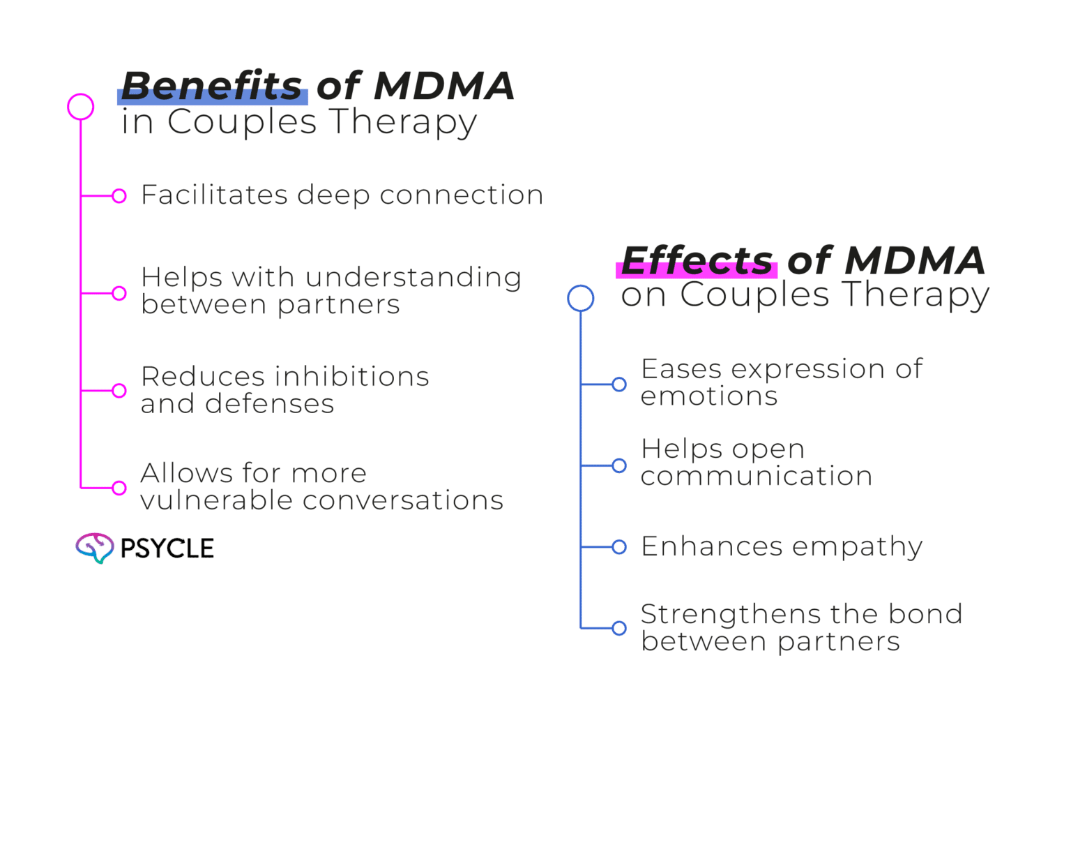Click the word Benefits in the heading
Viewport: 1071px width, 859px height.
click(212, 86)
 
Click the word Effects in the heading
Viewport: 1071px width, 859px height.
click(697, 260)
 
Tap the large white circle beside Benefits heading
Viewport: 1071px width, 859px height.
click(81, 107)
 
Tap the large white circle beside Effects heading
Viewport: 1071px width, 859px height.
click(580, 298)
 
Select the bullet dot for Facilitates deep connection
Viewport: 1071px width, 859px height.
click(119, 196)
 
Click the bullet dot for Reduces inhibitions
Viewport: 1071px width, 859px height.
click(119, 390)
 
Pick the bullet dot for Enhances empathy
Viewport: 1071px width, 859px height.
click(619, 547)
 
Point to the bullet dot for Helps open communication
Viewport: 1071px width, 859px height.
click(619, 465)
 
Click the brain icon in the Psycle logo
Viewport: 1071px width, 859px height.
click(94, 548)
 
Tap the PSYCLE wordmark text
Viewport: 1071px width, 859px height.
click(167, 548)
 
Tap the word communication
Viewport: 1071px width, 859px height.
click(756, 477)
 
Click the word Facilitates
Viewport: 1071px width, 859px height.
click(214, 195)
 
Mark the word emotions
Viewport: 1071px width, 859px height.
click(708, 397)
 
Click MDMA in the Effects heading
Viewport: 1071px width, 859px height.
click(915, 260)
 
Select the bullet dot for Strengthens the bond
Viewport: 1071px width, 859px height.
click(619, 628)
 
